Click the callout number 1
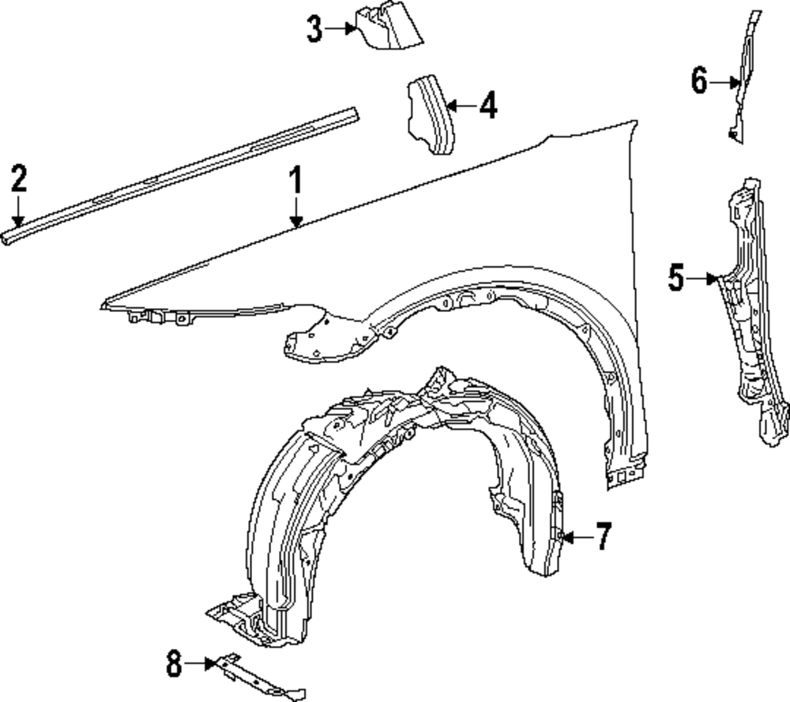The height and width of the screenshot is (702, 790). coord(295,180)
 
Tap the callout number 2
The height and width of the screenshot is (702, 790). coord(19,178)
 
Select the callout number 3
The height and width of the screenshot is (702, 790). coord(314,28)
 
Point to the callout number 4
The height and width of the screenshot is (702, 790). coord(488,105)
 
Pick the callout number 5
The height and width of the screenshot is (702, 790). coord(677,277)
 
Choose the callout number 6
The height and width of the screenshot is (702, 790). coord(699,81)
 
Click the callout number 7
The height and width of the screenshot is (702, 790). coord(604,536)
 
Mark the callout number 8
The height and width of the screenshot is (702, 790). coord(174,663)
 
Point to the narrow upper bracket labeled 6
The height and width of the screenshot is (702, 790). coord(743,76)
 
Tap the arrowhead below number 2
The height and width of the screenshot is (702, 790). coord(18,220)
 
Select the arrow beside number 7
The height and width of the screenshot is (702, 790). coord(577,537)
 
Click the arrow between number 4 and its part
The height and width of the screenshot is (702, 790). coord(461,106)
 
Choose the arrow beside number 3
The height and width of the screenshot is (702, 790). coord(340,28)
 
